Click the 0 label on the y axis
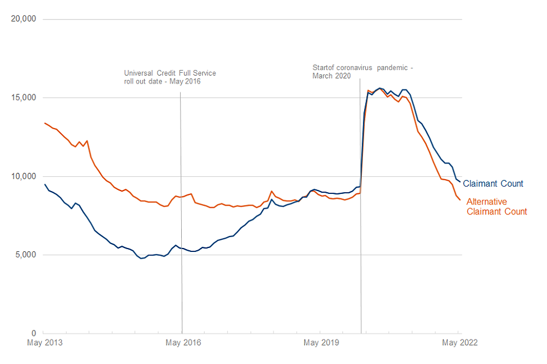coord(33,333)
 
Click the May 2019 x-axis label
coord(321,342)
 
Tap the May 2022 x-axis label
coord(460,342)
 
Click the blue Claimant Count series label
coord(493,184)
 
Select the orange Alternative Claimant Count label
coord(497,206)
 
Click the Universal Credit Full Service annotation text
coord(170,77)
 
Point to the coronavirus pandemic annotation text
coord(362,72)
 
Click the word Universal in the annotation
coord(138,73)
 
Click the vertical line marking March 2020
coord(360,227)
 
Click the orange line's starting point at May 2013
coord(44,123)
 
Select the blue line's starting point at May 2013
coord(44,184)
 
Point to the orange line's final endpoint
coord(460,200)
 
